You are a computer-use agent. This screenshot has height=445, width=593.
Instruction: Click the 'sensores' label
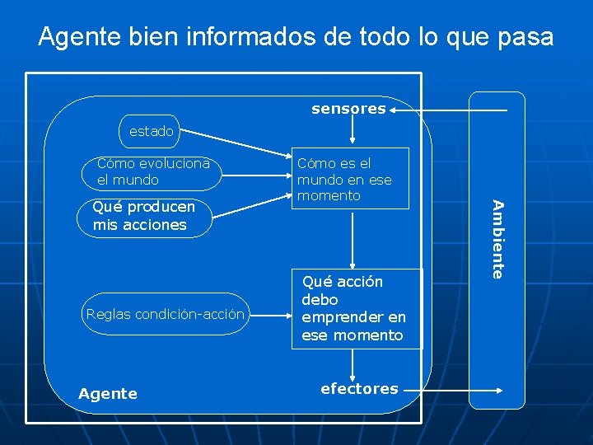tap(348, 109)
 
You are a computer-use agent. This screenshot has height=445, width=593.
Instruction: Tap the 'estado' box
tap(151, 131)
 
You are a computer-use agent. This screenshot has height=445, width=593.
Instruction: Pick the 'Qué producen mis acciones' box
tap(144, 217)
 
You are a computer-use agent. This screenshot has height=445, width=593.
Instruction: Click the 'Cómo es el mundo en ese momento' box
tap(351, 179)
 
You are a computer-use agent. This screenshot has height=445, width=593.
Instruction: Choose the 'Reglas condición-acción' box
tap(165, 314)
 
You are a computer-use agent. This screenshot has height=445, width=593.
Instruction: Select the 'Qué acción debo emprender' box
tap(357, 308)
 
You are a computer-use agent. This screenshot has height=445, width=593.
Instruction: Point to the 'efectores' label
tap(359, 388)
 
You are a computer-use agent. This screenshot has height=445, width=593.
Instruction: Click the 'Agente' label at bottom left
tap(108, 394)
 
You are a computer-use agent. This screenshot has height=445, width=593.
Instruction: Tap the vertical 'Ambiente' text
tap(497, 240)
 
